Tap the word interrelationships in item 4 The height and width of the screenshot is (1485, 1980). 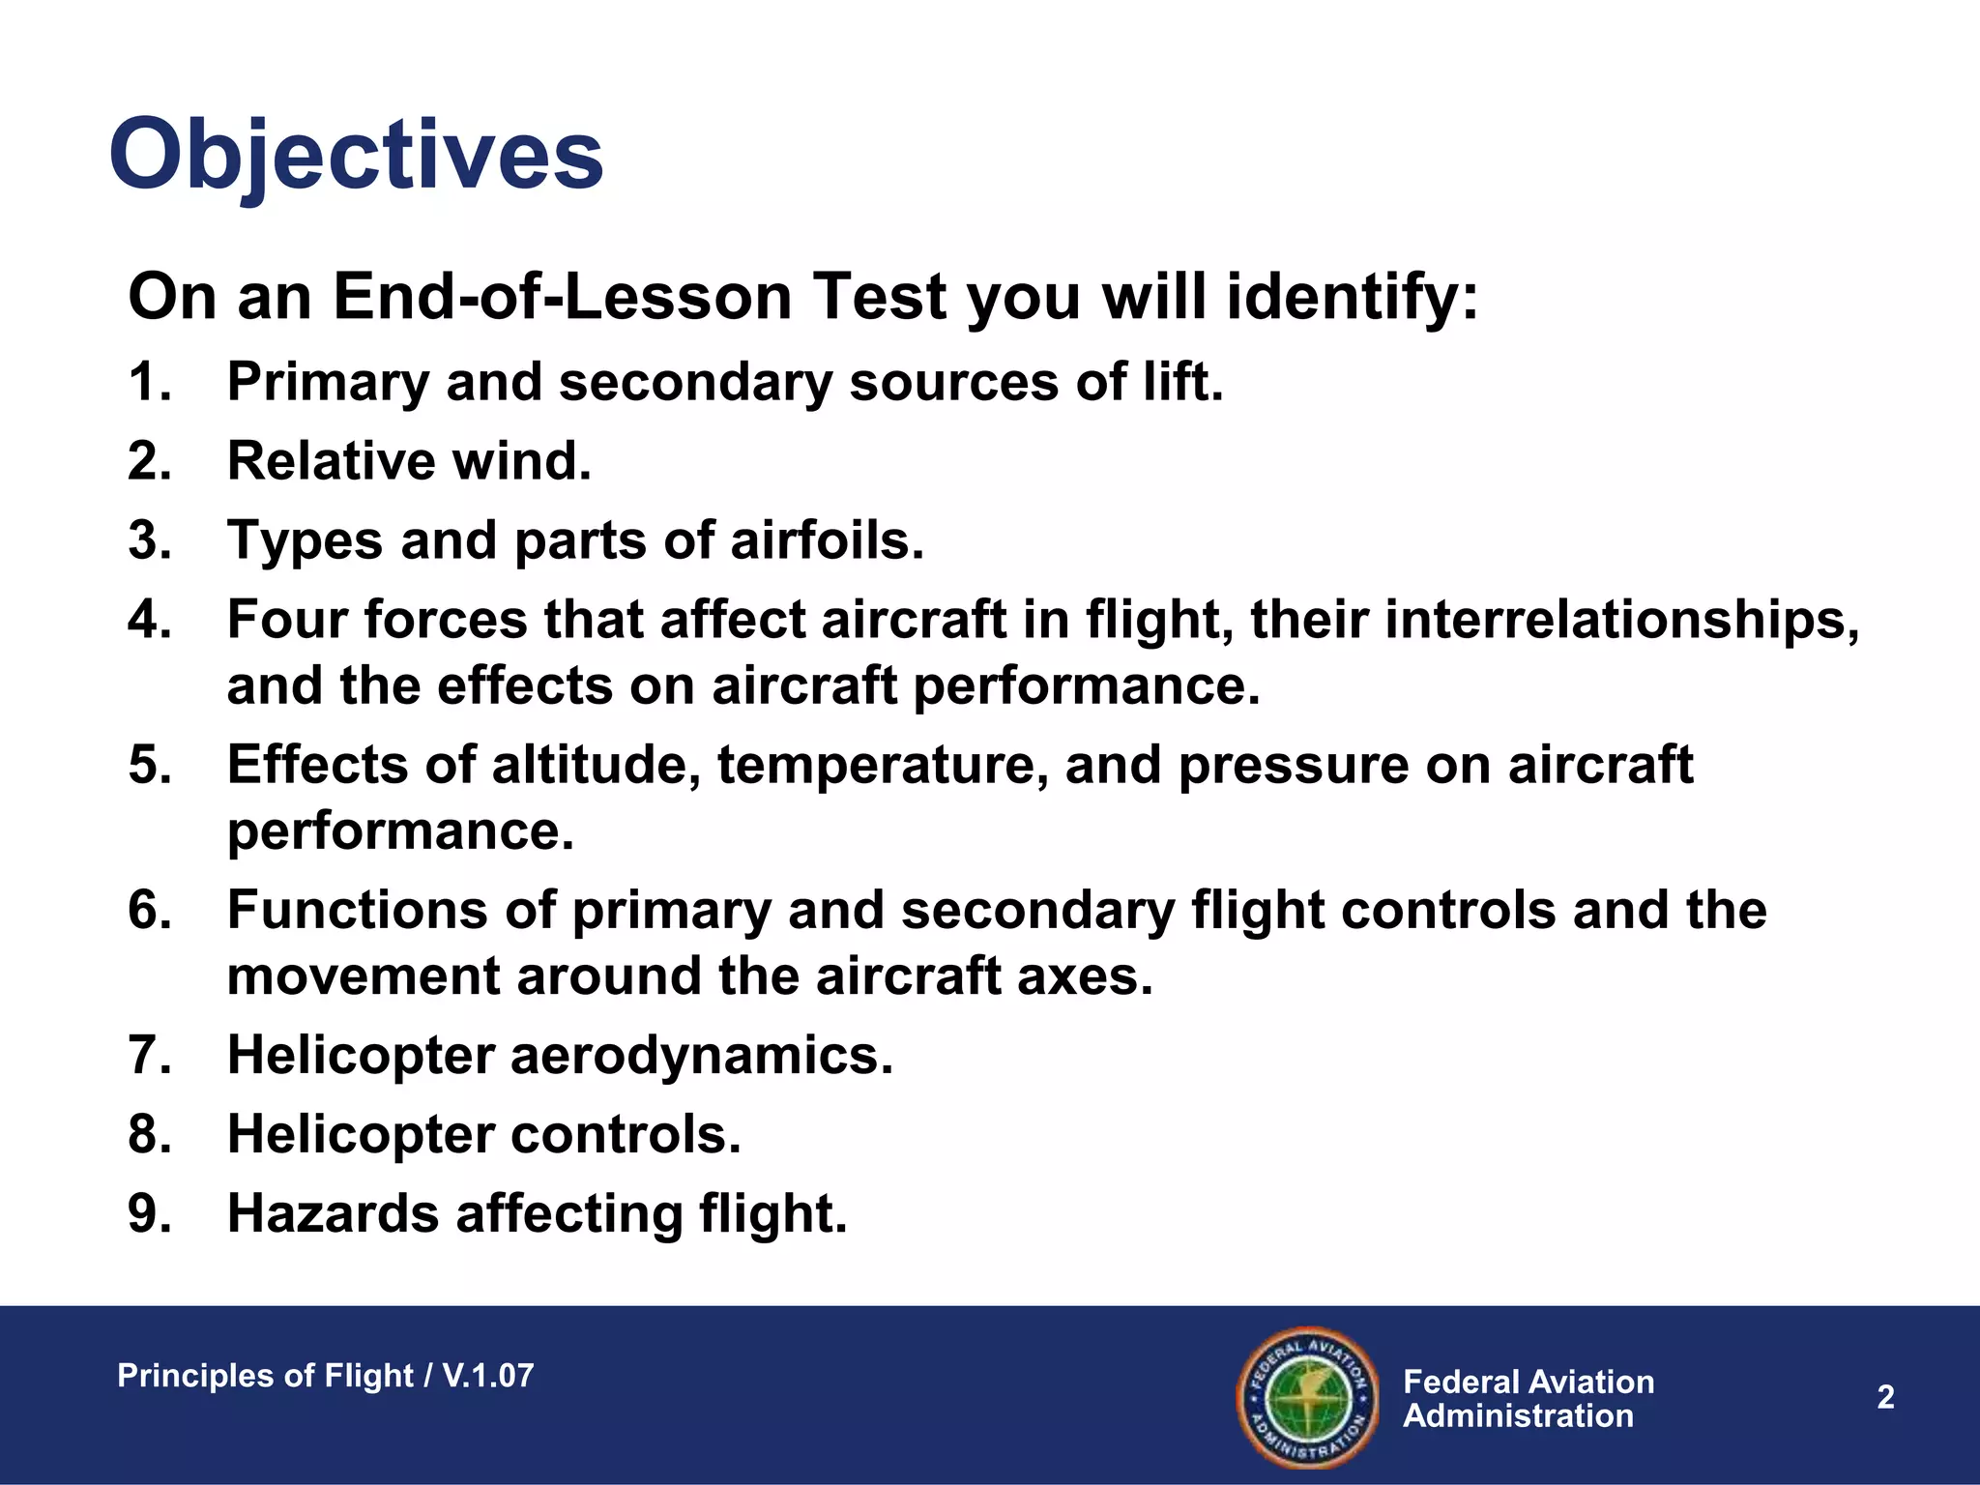coord(1621,620)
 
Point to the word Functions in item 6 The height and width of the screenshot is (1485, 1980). coord(392,910)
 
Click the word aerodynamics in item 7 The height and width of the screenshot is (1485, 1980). coord(701,1055)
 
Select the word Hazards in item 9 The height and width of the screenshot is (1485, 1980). coord(333,1213)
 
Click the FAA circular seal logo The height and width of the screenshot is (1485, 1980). coord(1307,1396)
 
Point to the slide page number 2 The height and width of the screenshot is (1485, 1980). coord(1885,1397)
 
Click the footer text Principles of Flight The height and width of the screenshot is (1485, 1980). coord(265,1376)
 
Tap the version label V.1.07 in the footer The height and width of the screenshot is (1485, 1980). coord(487,1376)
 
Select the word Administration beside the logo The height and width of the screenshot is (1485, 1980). coord(1518,1416)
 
